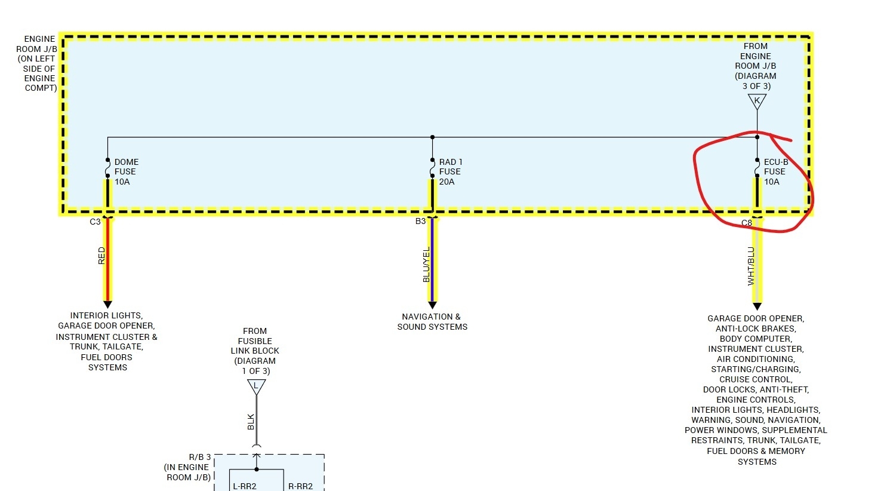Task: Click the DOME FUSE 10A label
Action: [126, 172]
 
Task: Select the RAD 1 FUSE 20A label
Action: [450, 172]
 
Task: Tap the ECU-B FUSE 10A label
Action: [775, 172]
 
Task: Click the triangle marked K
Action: [757, 102]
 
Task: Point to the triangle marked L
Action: [256, 386]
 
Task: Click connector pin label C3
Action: [95, 222]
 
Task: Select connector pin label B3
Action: [420, 222]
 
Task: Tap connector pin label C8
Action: [746, 223]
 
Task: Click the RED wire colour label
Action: [101, 256]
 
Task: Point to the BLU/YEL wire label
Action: [426, 265]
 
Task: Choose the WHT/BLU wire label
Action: [751, 266]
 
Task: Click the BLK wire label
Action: [251, 422]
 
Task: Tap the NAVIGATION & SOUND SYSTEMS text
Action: [432, 322]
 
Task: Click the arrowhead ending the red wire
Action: [107, 305]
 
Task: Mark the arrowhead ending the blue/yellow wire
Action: [432, 305]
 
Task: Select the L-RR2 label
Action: [245, 486]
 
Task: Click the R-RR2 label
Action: [300, 486]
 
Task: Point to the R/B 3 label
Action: [199, 458]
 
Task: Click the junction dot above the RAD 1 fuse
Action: [432, 137]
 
